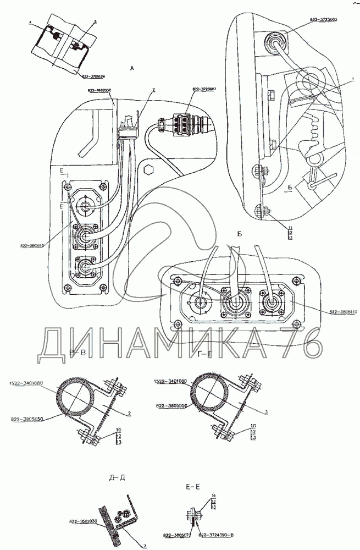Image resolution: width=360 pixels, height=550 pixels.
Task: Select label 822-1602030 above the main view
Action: click(99, 89)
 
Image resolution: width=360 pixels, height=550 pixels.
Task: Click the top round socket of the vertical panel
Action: click(86, 204)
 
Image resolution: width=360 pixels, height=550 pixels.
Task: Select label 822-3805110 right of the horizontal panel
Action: click(344, 312)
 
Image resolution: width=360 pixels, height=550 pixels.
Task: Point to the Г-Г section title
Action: click(203, 357)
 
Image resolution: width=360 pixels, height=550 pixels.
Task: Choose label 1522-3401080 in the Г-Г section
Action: click(170, 381)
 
